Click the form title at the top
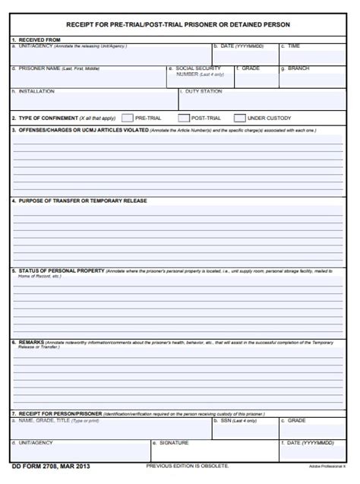178,24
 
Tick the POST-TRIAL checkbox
183,119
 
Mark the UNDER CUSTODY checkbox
240,119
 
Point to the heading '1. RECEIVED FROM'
36,39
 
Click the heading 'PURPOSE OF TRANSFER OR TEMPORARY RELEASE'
83,201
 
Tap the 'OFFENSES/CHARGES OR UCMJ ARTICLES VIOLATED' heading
83,130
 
